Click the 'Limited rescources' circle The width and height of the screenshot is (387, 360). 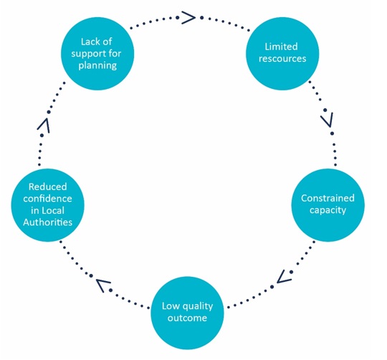[282, 53]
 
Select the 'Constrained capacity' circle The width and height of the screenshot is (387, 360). [328, 205]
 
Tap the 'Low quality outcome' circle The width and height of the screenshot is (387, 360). [187, 313]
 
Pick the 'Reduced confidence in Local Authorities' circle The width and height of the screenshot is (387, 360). [47, 205]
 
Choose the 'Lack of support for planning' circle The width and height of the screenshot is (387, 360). [97, 53]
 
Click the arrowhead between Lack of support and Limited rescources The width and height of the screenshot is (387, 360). [188, 17]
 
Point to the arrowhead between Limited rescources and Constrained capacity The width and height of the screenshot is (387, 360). [328, 120]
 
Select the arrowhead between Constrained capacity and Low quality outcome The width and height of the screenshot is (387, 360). [284, 277]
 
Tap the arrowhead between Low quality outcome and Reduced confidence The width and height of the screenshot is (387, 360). [103, 285]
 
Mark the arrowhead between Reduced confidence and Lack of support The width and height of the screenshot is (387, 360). [44, 125]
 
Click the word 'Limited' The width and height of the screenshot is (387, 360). [281, 47]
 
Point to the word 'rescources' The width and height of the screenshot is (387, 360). [282, 59]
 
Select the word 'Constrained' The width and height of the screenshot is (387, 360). [328, 198]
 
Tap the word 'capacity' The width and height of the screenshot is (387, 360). [328, 210]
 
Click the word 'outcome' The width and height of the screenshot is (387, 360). [187, 318]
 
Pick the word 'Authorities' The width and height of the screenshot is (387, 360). [47, 222]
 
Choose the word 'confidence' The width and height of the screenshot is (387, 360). [47, 199]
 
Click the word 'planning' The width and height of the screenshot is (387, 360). [97, 66]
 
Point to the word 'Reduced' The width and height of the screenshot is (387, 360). [47, 186]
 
